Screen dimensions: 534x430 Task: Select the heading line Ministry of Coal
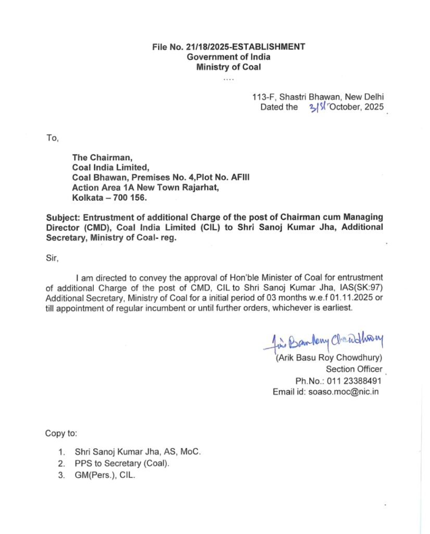229,67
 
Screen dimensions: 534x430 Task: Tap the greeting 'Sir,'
52,257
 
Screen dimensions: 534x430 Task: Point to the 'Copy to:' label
61,433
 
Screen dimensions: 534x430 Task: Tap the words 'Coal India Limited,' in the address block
111,167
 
